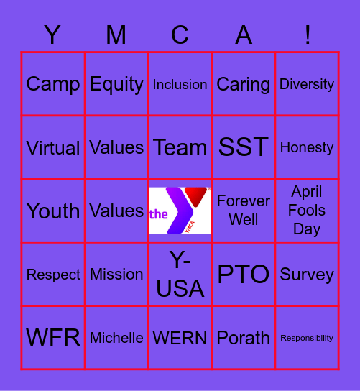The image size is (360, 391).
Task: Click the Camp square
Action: pos(53,84)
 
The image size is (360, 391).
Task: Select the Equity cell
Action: pos(116,84)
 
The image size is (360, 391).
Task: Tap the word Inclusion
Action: pos(180,85)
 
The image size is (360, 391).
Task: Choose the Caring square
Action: pos(244,84)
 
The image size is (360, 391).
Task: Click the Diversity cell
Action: pos(307,84)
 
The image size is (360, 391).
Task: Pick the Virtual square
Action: pos(53,147)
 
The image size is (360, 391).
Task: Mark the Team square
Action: pos(180,147)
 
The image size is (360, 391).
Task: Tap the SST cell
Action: pos(244,147)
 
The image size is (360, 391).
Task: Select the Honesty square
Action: pos(307,147)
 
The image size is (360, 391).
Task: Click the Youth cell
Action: pos(53,211)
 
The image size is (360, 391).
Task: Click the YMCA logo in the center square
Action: pos(180,211)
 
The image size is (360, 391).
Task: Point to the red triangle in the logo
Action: pos(195,196)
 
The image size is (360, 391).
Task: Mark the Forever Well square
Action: pos(244,211)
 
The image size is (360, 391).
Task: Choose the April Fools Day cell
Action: pos(307,211)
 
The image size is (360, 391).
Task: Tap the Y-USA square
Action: pos(180,274)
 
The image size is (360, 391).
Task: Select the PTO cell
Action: pos(244,274)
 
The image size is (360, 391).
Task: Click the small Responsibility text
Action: pos(307,338)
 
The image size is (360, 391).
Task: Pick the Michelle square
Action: pos(116,338)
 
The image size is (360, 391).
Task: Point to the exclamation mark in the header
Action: pos(308,34)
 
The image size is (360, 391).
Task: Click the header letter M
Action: pos(116,34)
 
